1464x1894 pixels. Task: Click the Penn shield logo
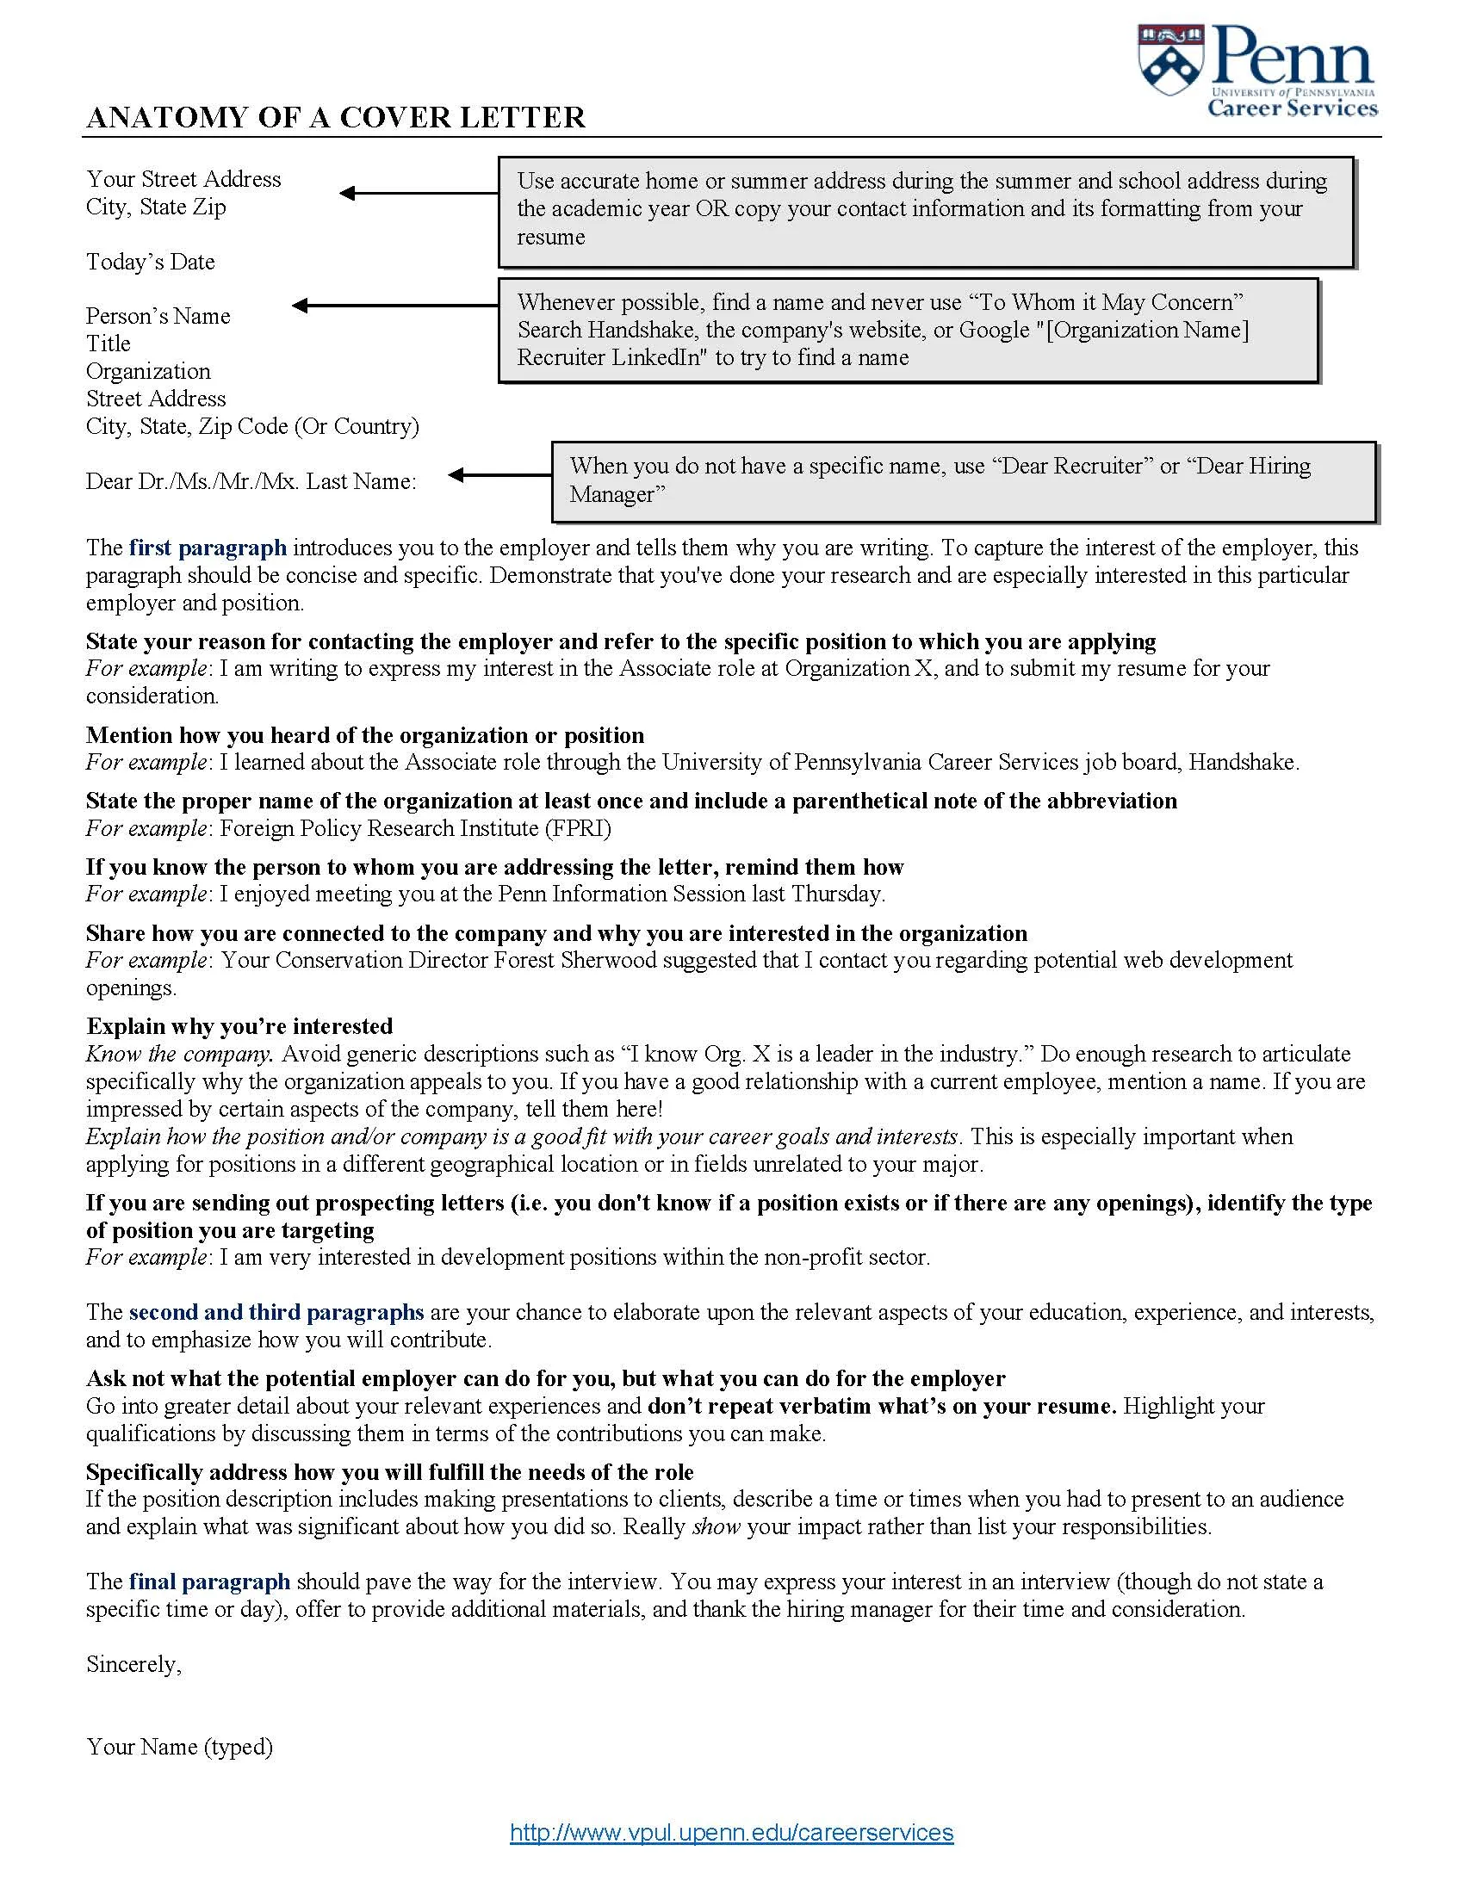1171,60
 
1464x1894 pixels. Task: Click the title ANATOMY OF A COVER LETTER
336,117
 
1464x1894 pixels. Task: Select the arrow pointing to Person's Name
394,306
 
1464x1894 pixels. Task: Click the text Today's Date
150,262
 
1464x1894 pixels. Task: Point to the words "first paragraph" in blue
208,548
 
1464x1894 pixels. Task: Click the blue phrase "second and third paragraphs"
276,1312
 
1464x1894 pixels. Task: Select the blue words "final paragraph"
209,1581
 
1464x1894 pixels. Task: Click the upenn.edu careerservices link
731,1832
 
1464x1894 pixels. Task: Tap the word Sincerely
133,1664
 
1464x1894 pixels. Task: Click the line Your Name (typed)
179,1747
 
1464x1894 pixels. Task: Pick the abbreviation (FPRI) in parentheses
578,828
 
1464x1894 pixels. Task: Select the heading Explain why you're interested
239,1026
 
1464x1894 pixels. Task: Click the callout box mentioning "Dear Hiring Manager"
964,481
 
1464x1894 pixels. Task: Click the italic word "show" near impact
716,1526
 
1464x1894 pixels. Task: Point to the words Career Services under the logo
1293,108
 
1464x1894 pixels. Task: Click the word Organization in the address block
148,371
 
